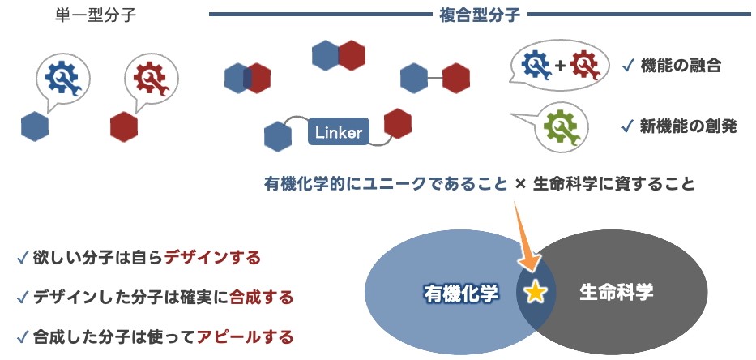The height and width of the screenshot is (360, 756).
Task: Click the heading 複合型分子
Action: click(478, 15)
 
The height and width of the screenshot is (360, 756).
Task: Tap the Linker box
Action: click(339, 132)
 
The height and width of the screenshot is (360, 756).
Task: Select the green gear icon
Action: click(561, 127)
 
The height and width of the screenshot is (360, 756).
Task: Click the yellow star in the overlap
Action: click(535, 292)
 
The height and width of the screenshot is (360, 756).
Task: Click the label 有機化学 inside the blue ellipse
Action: click(460, 293)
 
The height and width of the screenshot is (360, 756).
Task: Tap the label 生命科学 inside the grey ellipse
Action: click(616, 293)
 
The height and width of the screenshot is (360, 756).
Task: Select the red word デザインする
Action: click(212, 259)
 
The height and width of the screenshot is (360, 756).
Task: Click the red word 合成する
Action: click(261, 297)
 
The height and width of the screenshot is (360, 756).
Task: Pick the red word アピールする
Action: click(245, 336)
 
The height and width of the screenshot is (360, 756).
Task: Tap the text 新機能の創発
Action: click(688, 126)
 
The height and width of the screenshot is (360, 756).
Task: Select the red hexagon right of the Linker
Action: click(397, 124)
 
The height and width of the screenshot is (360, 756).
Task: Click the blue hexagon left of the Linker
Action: click(278, 136)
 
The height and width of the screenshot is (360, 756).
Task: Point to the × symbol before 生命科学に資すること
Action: click(521, 184)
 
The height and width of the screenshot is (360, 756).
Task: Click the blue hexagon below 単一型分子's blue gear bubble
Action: click(35, 126)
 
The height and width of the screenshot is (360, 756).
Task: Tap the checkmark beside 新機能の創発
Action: click(626, 126)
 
